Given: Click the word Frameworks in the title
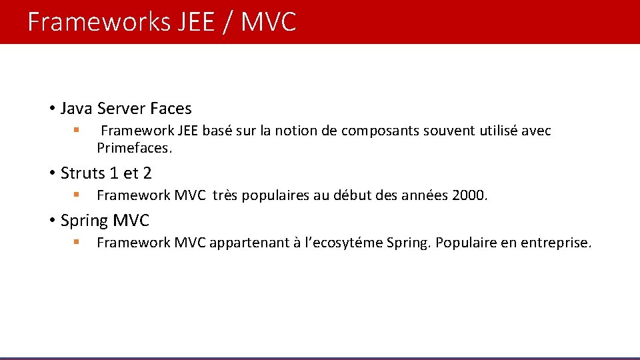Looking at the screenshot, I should coord(99,22).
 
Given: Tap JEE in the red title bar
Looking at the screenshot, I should coord(196,22).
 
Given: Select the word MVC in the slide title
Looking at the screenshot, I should coord(268,22).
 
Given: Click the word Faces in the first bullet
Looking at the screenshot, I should coord(171,108).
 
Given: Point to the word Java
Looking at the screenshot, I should coord(77,108).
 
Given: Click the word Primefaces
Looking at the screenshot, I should coord(134,148).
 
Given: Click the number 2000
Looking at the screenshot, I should coord(469,195).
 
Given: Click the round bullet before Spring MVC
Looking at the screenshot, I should coord(52,221).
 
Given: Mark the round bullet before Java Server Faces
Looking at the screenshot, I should coord(52,109).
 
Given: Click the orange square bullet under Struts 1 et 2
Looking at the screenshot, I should coord(77,195).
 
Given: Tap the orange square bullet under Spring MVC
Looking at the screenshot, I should coord(77,242).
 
